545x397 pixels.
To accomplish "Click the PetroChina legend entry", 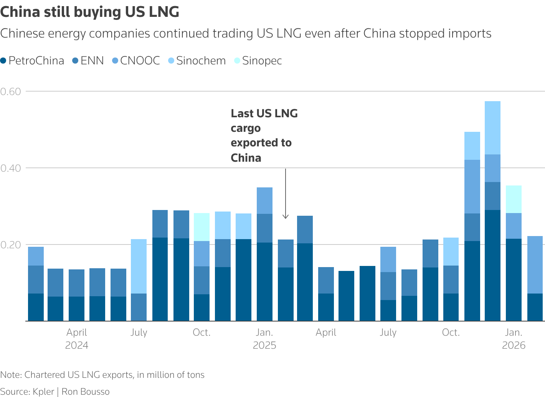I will tap(32, 61).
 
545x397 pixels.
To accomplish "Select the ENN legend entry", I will tap(88, 61).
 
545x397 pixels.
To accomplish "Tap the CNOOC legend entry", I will tap(136, 61).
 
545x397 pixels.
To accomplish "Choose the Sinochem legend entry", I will tap(197, 61).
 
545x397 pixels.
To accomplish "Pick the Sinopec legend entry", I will tap(258, 61).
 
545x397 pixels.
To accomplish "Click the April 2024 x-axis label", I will tap(77, 339).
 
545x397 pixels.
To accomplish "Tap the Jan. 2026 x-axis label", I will tap(514, 339).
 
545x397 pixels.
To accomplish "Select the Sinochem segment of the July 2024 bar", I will tap(139, 266).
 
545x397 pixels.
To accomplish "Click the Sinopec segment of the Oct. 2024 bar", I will tap(201, 227).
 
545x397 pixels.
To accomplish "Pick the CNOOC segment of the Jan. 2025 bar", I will tap(264, 200).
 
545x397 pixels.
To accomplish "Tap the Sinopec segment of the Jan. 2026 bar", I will tap(514, 199).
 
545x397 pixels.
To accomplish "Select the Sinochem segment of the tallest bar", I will tap(492, 128).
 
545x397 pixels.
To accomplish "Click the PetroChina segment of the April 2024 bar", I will tap(76, 308).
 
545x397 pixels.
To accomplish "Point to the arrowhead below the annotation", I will tap(285, 217).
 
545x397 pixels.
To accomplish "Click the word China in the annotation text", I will tap(246, 158).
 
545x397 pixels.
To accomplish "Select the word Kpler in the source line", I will tap(43, 392).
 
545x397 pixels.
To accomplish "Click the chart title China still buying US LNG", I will tap(90, 12).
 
